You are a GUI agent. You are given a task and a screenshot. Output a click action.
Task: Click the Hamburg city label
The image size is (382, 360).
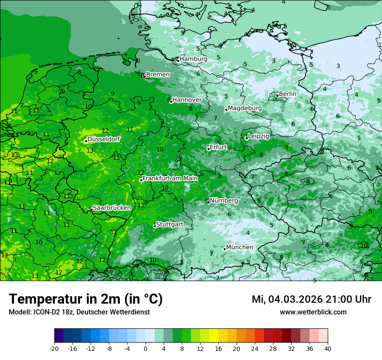193,59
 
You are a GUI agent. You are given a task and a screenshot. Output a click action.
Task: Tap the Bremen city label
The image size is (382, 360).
158,75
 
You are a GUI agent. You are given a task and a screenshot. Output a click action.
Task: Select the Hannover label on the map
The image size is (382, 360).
187,100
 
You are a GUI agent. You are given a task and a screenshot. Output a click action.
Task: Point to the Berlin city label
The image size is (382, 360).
287,94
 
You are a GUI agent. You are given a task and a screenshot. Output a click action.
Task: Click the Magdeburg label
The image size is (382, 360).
245,108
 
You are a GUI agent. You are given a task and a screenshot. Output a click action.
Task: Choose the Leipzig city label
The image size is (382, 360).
258,136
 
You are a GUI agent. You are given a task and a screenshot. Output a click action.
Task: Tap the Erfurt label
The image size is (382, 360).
218,147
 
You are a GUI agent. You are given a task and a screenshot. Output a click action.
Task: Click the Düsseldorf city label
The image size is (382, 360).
104,139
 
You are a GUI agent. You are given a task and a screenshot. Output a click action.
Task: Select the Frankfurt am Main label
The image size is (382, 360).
170,178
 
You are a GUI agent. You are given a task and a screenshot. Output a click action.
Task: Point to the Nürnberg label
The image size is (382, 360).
224,201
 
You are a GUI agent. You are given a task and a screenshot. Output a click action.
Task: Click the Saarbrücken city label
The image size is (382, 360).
112,208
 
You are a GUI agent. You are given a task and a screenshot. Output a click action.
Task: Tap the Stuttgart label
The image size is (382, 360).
169,224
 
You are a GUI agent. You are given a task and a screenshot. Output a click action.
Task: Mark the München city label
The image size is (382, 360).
240,247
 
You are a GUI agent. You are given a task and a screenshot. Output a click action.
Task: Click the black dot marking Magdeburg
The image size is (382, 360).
226,110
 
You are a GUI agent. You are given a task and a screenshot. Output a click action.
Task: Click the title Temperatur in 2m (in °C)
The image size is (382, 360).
86,299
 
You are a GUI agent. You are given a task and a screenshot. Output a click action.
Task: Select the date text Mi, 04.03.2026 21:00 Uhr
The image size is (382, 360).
311,299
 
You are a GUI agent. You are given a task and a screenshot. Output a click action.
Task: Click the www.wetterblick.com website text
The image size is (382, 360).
313,312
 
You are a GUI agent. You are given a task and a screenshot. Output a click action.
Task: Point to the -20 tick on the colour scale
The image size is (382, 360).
54,348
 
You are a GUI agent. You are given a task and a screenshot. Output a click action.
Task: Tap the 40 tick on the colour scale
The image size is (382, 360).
327,348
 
